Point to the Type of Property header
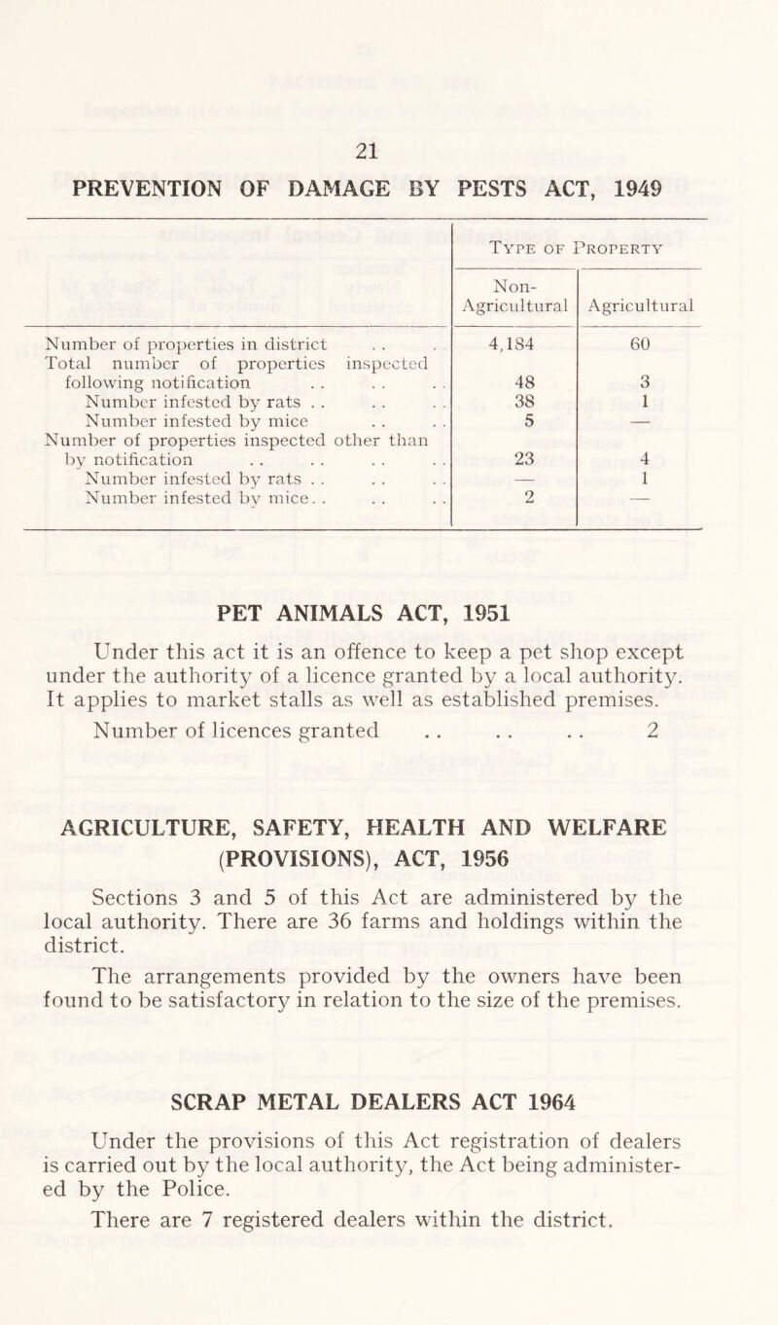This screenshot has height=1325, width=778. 577,248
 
